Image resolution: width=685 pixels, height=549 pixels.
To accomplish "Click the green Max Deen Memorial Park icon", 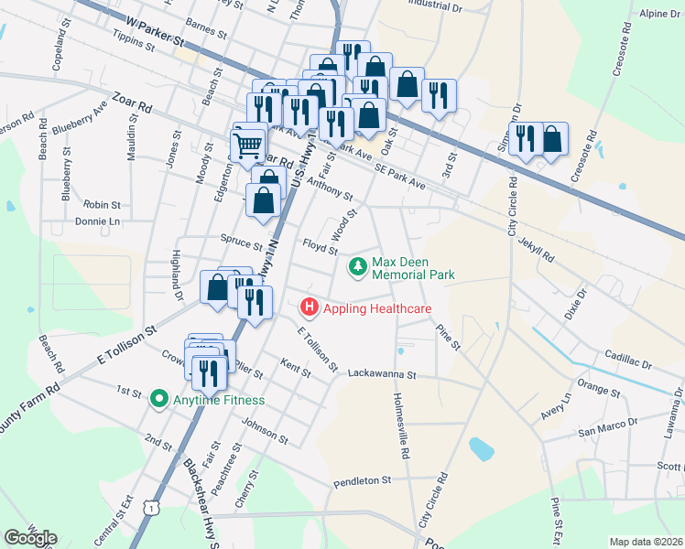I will click(x=356, y=267).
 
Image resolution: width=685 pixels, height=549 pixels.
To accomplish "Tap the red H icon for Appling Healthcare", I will click(x=310, y=308).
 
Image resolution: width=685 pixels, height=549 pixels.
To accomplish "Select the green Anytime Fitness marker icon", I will click(x=158, y=399).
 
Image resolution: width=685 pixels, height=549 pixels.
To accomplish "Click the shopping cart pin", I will click(x=247, y=145).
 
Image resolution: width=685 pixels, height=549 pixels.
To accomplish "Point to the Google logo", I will click(x=30, y=538).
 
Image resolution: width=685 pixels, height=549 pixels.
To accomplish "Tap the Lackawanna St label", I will click(x=382, y=374).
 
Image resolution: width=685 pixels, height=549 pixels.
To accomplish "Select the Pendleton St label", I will click(x=361, y=479).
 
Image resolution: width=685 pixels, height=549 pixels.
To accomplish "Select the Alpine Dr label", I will click(x=658, y=15).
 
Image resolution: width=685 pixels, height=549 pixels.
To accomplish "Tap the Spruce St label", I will click(x=241, y=241).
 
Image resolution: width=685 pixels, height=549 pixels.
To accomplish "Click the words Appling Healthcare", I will click(x=376, y=308).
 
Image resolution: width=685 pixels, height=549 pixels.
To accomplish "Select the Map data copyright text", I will click(x=645, y=542).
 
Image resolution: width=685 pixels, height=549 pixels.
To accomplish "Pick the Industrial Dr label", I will click(x=433, y=5).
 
